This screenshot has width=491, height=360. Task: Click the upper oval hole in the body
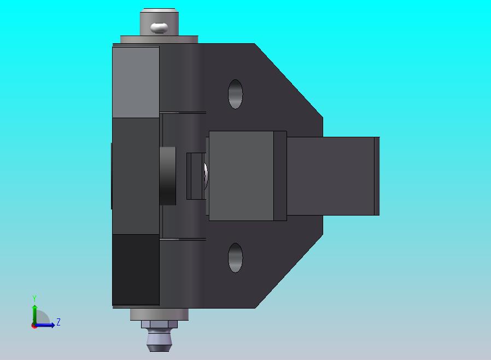pos(235,94)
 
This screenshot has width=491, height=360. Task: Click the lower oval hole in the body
pos(235,258)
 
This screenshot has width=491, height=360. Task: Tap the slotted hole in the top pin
pos(159,27)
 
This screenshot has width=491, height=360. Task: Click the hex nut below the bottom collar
pos(159,324)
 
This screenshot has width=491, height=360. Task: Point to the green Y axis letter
pos(34,298)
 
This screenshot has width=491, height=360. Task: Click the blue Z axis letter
pos(59,322)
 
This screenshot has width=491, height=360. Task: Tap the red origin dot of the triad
pos(34,326)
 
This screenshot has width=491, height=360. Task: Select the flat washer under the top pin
pos(159,39)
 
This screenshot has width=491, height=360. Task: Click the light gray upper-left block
pos(136,82)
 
